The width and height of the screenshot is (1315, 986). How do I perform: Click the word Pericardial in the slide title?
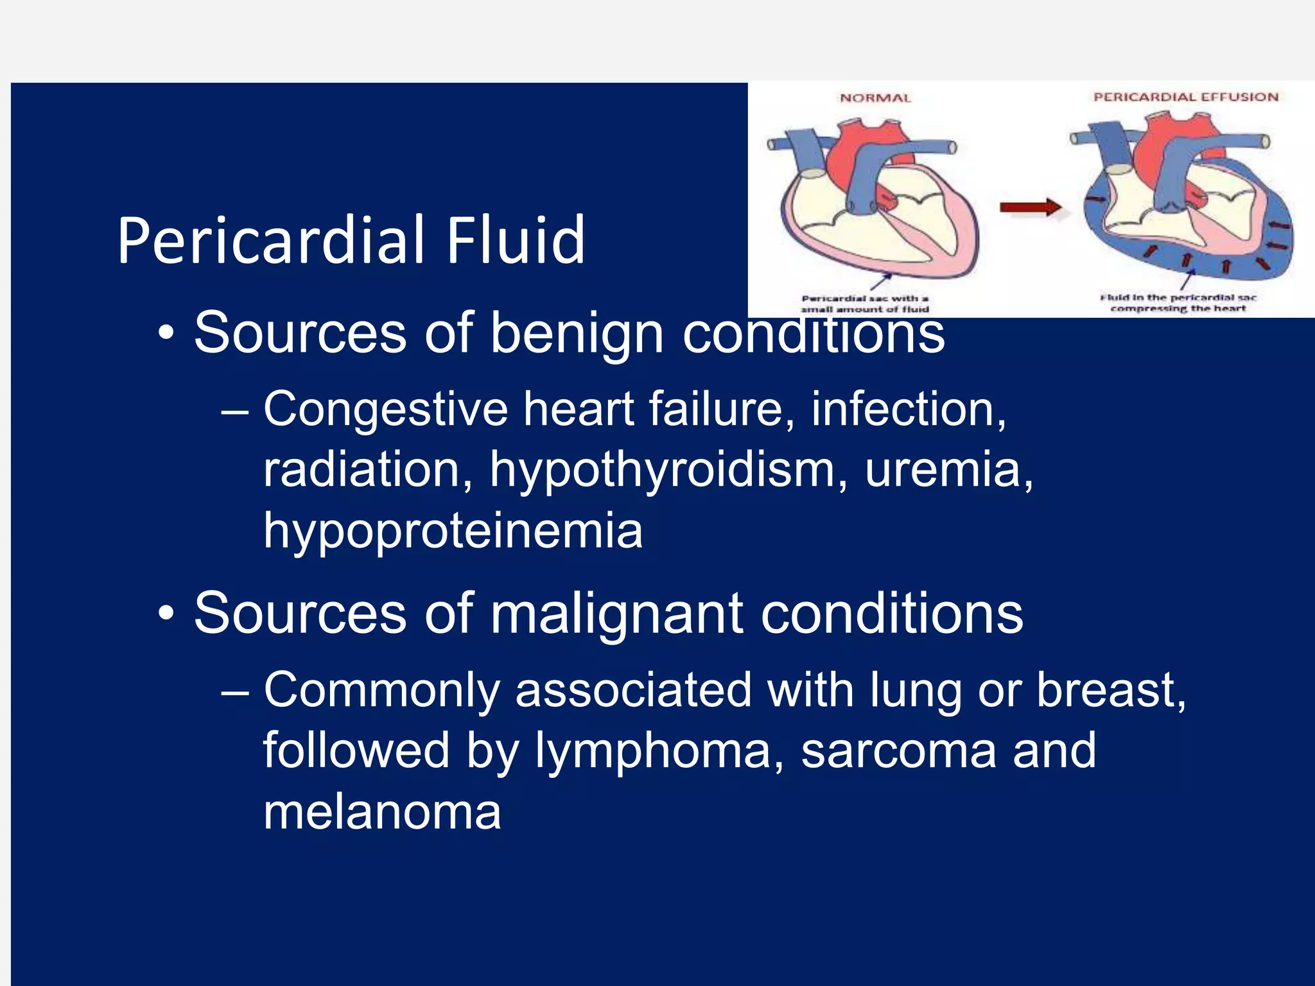tap(270, 241)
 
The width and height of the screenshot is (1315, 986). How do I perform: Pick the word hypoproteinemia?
tap(453, 532)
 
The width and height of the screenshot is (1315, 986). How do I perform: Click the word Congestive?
tap(385, 410)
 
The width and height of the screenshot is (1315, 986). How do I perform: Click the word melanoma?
tap(382, 812)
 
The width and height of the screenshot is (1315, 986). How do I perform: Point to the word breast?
tap(1111, 691)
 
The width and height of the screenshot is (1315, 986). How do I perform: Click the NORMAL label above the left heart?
tap(875, 98)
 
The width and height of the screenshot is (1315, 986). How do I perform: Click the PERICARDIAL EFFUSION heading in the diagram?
tap(1186, 97)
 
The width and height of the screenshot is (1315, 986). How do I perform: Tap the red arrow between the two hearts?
tap(1030, 207)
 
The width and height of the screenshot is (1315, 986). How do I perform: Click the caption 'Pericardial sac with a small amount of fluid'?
tap(865, 304)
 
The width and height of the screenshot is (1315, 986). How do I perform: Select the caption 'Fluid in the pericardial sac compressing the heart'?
tap(1178, 303)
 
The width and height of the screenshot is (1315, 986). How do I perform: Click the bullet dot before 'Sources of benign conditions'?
tap(166, 334)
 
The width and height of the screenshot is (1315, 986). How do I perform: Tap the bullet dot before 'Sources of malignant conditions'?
tap(166, 614)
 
